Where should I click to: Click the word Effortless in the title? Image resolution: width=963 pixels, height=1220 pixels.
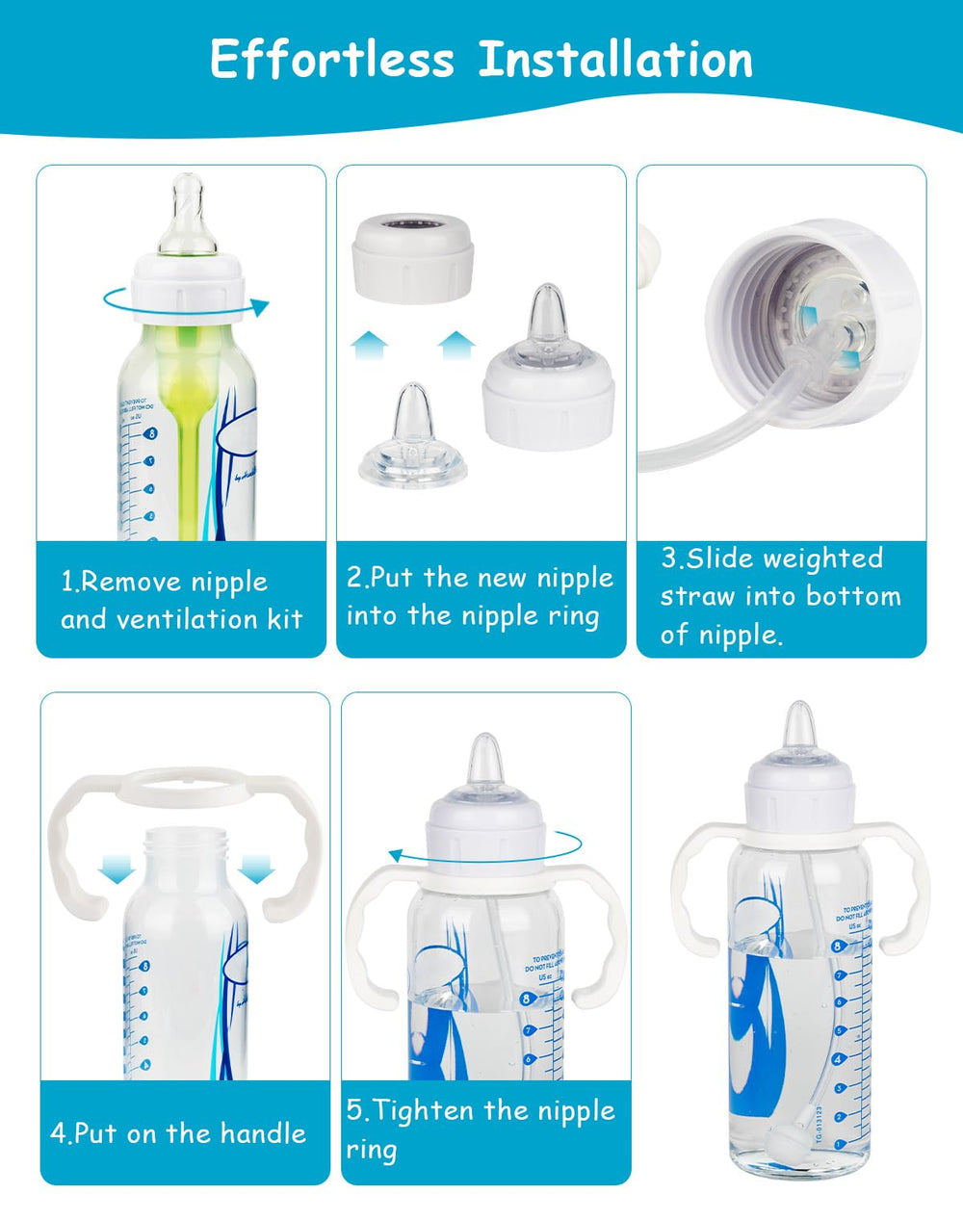click(331, 60)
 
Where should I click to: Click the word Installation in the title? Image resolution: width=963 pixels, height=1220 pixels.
click(616, 60)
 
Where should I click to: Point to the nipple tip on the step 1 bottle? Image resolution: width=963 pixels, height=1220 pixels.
click(187, 185)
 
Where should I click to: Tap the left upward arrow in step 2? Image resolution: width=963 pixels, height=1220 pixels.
click(369, 346)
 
